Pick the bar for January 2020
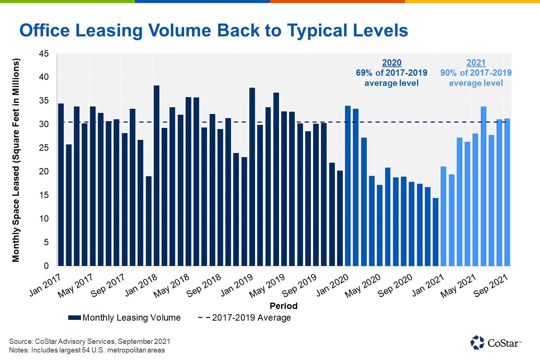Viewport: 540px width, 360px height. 348,186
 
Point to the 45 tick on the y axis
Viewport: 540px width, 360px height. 44,54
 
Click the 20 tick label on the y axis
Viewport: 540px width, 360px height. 44,171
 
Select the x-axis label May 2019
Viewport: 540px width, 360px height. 267,286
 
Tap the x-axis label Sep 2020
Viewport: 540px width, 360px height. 395,286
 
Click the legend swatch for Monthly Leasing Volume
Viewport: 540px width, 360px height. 75,318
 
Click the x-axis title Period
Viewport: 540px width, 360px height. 283,306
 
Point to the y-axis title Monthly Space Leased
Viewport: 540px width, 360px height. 16,160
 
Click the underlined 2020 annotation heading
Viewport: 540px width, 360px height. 391,63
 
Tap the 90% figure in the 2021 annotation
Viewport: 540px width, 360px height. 448,73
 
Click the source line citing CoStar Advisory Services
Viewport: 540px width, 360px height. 90,341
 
